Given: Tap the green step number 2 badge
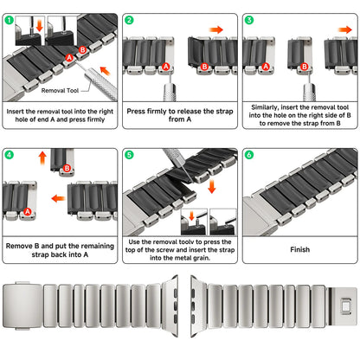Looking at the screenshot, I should [x=129, y=19].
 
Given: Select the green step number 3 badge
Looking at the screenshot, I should [x=249, y=19].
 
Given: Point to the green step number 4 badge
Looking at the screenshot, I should [x=9, y=156].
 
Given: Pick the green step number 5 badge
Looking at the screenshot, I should [x=129, y=156].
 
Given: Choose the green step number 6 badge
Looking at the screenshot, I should [x=249, y=156].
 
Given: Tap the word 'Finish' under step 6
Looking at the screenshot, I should [x=299, y=249].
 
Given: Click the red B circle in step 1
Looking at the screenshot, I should [x=83, y=50].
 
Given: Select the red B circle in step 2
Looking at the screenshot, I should [x=204, y=66].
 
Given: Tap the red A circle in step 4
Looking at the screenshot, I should [x=28, y=212].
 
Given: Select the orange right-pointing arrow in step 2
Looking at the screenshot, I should [x=216, y=29].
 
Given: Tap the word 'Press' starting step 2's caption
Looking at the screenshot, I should [x=139, y=112].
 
